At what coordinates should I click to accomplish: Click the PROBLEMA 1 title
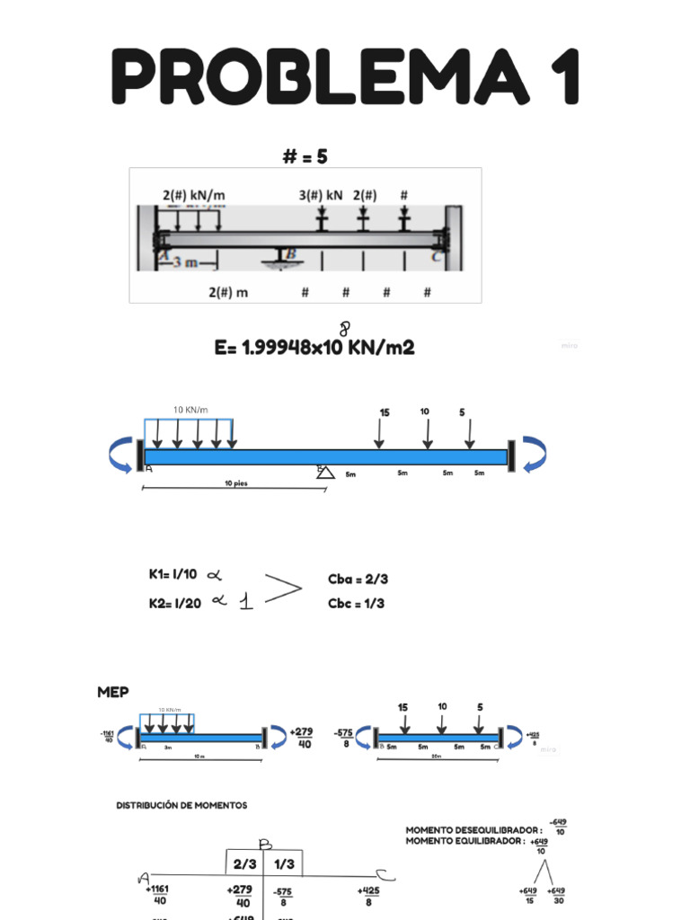(346, 77)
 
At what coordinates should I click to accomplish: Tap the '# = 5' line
(305, 156)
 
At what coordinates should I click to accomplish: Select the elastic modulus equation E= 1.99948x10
(314, 347)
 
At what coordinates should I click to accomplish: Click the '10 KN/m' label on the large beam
(190, 410)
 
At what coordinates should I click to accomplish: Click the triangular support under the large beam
(324, 472)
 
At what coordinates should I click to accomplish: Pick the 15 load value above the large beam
(385, 412)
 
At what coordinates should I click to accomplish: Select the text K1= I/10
(172, 574)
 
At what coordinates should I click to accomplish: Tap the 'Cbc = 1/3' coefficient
(356, 603)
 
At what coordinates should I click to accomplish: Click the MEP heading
(112, 692)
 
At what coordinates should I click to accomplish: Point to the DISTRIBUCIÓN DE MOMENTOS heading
(181, 805)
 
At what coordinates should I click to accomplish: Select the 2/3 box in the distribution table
(244, 864)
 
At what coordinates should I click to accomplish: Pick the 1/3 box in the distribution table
(283, 864)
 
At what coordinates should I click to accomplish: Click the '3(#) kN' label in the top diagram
(321, 194)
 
